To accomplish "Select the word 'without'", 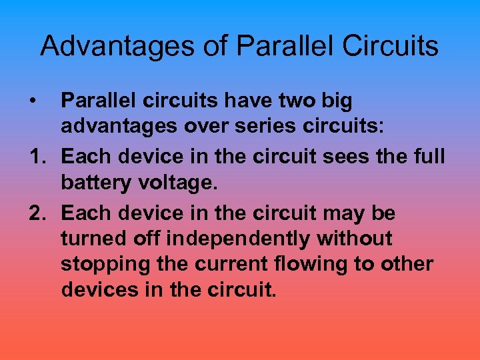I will [x=355, y=239].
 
